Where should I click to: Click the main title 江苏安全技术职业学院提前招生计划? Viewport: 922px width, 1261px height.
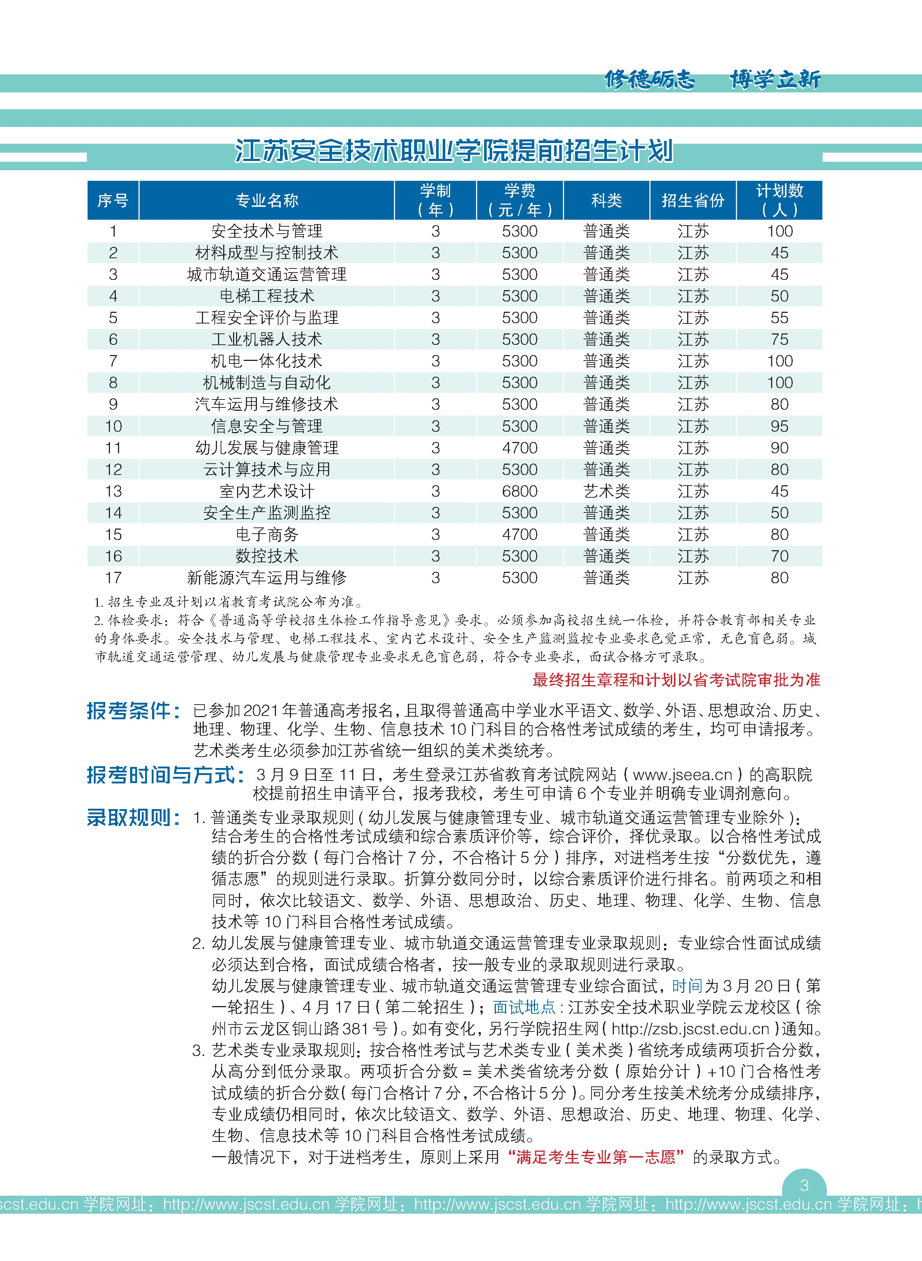tap(454, 151)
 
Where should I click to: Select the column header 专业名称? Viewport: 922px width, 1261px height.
tap(267, 200)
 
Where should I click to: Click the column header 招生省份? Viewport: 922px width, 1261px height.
tap(693, 200)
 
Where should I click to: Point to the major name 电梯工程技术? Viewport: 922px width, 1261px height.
tap(267, 296)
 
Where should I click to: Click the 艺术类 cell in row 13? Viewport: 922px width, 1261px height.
tap(606, 491)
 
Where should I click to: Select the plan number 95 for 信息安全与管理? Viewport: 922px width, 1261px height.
tap(779, 426)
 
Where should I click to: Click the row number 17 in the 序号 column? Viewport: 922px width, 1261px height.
tap(113, 577)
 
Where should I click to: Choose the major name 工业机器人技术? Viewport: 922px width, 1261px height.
tap(267, 339)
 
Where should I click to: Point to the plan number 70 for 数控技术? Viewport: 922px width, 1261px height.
tap(779, 556)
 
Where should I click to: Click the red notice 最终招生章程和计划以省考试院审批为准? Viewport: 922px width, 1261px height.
tap(676, 680)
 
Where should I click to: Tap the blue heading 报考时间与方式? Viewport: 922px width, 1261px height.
tap(165, 775)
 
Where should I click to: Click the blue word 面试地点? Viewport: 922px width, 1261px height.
tap(524, 1007)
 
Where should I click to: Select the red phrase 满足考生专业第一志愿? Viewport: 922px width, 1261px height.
tap(595, 1156)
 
